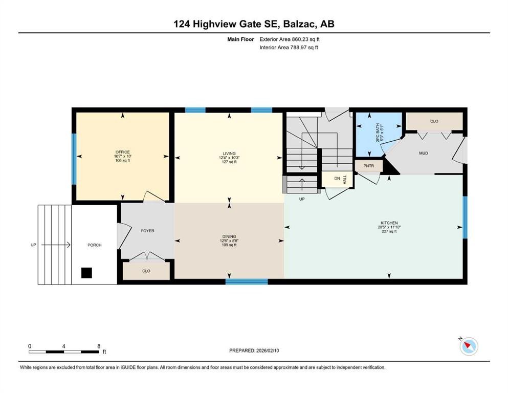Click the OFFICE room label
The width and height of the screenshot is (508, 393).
click(122, 152)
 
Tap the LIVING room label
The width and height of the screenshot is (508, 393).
click(229, 154)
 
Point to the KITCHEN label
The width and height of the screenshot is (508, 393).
click(389, 223)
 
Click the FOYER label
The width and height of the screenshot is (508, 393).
click(147, 231)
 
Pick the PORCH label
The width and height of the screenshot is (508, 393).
click(95, 245)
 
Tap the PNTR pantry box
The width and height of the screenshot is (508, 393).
click(368, 166)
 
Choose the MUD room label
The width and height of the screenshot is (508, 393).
click(424, 153)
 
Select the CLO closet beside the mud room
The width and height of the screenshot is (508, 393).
click(434, 121)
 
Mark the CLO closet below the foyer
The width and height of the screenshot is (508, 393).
click(146, 271)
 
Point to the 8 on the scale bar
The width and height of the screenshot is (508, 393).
click(98, 346)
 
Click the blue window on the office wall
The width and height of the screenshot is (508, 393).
click(74, 159)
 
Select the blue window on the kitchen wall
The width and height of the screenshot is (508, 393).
click(465, 217)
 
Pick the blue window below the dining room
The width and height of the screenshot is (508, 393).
click(247, 281)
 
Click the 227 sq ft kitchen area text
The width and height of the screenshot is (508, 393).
click(389, 231)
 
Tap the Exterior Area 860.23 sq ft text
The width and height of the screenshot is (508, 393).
click(290, 39)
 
